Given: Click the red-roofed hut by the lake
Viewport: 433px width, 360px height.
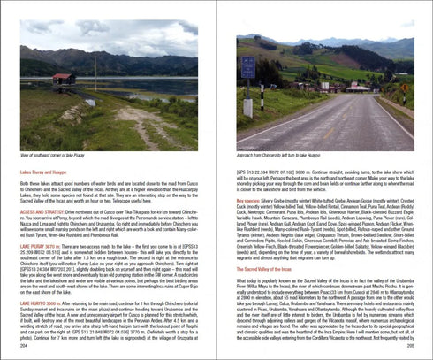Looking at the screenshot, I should pos(63,80).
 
